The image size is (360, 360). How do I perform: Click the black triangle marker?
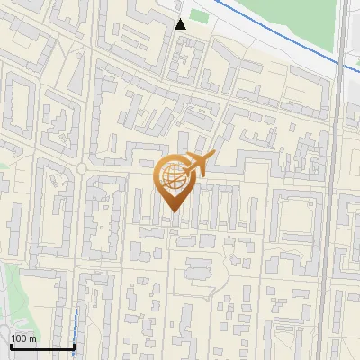click(x=181, y=23)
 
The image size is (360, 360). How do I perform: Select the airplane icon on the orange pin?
click(x=197, y=164)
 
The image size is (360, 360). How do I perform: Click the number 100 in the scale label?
click(x=19, y=338)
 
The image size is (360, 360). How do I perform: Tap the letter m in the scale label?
click(x=32, y=338)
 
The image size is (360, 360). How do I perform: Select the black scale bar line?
click(x=42, y=346)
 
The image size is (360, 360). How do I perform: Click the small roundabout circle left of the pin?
click(x=82, y=168)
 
